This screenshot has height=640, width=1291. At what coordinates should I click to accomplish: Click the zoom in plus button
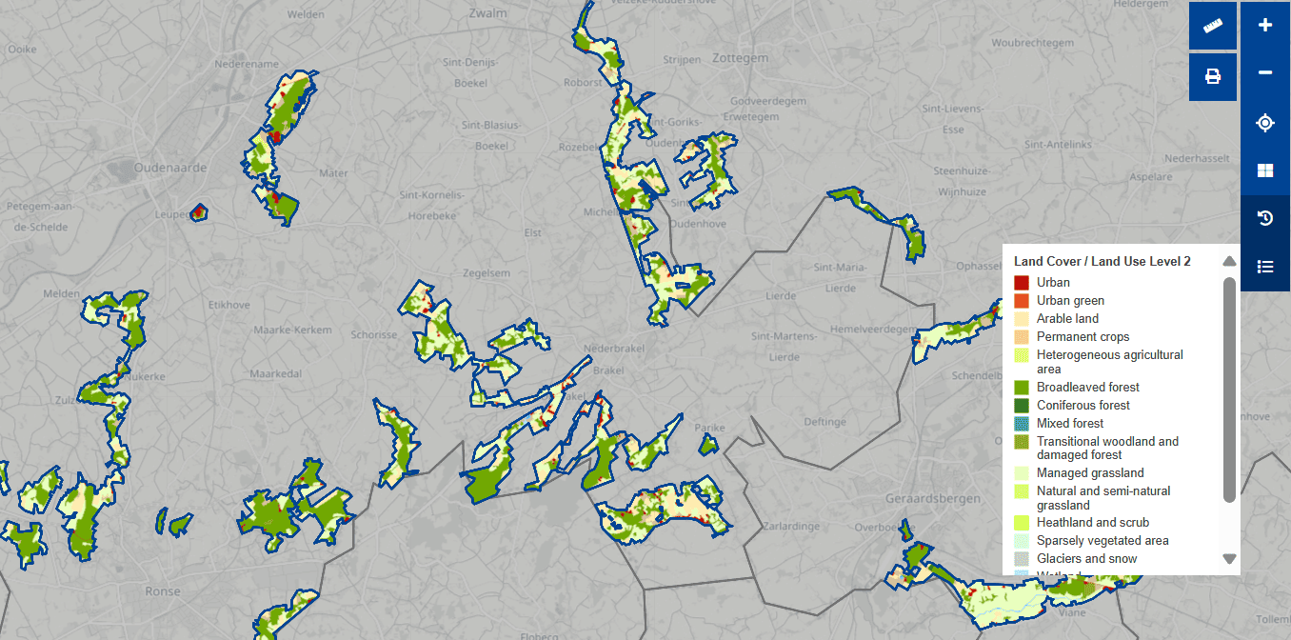pyautogui.click(x=1265, y=26)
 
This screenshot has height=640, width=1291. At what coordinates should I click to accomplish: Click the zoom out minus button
pyautogui.click(x=1265, y=73)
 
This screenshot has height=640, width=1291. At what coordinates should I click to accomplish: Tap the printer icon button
pyautogui.click(x=1213, y=76)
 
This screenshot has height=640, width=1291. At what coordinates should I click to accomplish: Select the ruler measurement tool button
pyautogui.click(x=1213, y=26)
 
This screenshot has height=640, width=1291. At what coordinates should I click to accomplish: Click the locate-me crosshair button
pyautogui.click(x=1265, y=123)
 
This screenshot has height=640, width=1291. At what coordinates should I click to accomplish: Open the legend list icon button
pyautogui.click(x=1265, y=267)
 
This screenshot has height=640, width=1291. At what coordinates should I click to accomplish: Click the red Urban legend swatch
pyautogui.click(x=1022, y=283)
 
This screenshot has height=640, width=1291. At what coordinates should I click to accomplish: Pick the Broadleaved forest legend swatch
pyautogui.click(x=1022, y=388)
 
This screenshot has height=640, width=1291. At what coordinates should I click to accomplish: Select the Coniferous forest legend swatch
pyautogui.click(x=1022, y=406)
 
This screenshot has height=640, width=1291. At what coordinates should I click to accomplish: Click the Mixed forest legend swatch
pyautogui.click(x=1022, y=424)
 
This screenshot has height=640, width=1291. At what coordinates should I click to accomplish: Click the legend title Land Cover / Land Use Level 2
pyautogui.click(x=1102, y=261)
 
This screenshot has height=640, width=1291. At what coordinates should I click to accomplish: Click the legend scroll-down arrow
pyautogui.click(x=1229, y=559)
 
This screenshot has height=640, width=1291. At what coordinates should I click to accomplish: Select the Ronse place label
pyautogui.click(x=163, y=591)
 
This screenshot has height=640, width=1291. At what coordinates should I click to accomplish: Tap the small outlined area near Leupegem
pyautogui.click(x=199, y=211)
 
